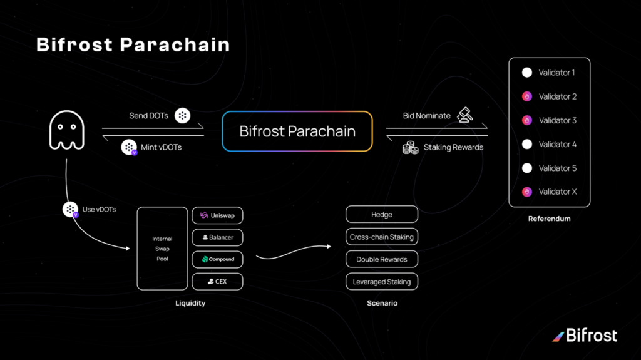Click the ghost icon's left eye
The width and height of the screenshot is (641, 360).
pos(60,127)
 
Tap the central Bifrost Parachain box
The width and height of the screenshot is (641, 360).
pos(297,131)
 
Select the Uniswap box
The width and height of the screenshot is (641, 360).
pos(217,215)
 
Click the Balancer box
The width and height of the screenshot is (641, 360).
pos(217,237)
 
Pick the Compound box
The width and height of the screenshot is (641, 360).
pos(217,259)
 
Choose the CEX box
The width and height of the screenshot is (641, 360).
pos(217,282)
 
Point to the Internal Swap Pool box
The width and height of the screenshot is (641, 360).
pos(162,249)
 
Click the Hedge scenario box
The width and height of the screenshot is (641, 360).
pos(382,214)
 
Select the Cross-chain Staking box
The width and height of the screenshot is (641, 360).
pos(382,237)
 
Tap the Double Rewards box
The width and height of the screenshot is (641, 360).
pos(382,259)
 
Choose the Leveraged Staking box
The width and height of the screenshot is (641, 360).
pos(382,282)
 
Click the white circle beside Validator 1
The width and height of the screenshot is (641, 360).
pos(527,73)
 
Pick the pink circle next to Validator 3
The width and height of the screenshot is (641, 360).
pos(527,120)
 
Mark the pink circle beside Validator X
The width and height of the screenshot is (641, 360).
pos(527,192)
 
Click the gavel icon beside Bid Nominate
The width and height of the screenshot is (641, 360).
pos(465,115)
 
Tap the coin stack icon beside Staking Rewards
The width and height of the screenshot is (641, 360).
pos(411,148)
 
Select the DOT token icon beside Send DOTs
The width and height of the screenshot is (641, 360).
pos(182,115)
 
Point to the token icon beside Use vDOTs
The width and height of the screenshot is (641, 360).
pos(71,210)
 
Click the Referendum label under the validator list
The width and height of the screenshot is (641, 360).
pos(550,219)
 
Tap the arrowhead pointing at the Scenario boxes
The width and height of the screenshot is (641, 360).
pos(329,246)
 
